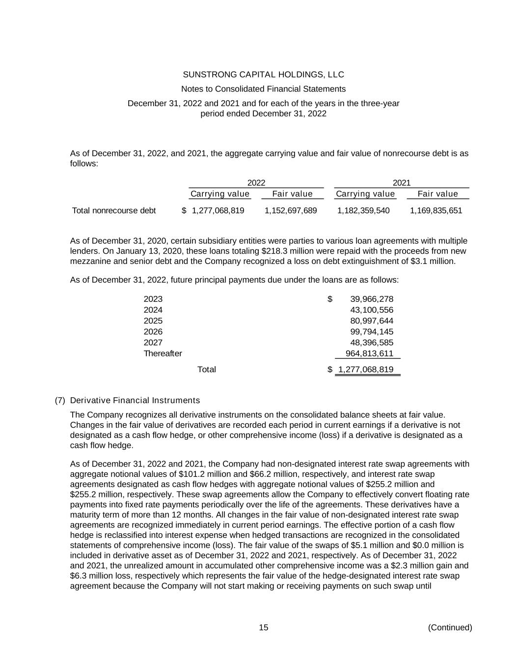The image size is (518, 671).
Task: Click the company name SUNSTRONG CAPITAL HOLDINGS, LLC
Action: coord(263,75)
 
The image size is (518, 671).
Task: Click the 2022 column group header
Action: coord(256,183)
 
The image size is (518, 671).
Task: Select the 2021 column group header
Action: coord(401,183)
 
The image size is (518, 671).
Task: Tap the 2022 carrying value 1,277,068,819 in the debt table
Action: coord(218,211)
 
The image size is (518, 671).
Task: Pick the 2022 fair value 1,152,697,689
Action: coord(291,211)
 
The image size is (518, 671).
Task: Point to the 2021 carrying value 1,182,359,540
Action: coord(363,211)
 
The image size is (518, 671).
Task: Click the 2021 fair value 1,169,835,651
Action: coord(436,211)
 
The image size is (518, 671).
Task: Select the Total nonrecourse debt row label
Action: coord(114,211)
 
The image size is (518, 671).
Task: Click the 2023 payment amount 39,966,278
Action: coord(372,299)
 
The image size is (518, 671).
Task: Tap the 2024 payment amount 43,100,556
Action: coord(372,310)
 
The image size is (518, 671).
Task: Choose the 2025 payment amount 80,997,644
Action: coord(372,321)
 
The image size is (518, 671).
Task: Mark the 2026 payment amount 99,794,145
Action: coord(372,332)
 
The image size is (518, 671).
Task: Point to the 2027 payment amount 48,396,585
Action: coord(372,343)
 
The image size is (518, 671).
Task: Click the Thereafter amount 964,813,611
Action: coord(369,353)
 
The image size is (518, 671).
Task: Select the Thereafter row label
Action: coord(163,353)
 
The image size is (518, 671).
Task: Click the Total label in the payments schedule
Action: coord(206,369)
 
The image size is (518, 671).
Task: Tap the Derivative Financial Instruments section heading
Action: coord(135,400)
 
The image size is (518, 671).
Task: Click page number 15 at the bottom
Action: coord(264,627)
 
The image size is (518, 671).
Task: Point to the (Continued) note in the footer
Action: coord(450,627)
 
